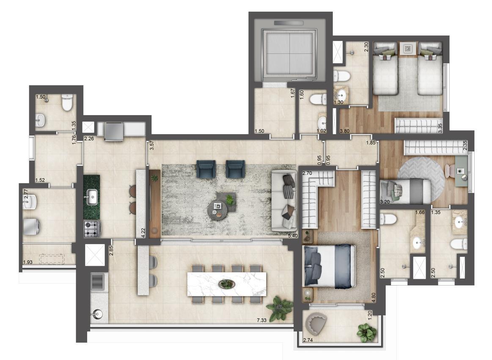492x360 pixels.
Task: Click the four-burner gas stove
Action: point(92,229)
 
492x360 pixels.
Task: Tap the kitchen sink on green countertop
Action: point(92,196)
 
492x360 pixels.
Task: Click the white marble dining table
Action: point(227,284)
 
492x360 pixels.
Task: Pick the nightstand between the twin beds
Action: point(408,49)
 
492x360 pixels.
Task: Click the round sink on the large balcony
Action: point(97,314)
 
